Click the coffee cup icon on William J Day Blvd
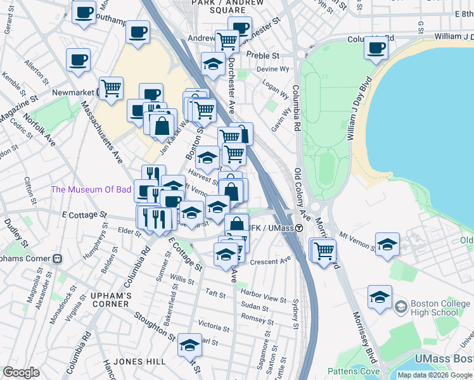[x=376, y=47]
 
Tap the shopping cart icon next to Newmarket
[x=112, y=88]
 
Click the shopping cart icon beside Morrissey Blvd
[x=324, y=250]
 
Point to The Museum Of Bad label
[x=91, y=189]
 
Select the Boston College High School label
[x=434, y=308]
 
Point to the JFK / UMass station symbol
[x=300, y=228]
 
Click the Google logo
[x=22, y=372]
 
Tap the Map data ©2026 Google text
[x=435, y=375]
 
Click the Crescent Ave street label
[x=270, y=261]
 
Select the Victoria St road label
[x=213, y=327]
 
